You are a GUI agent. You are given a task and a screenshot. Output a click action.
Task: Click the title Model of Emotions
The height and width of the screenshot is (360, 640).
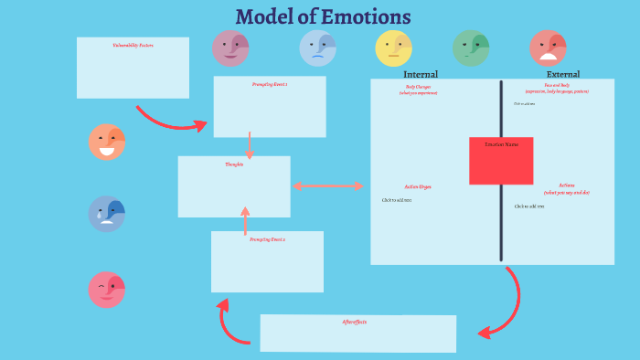point(323,16)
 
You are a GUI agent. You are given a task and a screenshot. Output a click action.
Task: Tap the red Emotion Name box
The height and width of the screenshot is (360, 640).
point(501,161)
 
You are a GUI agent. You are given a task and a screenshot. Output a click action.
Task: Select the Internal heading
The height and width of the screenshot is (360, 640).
point(421,74)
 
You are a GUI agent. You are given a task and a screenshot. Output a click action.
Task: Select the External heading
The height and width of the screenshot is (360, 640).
point(562,74)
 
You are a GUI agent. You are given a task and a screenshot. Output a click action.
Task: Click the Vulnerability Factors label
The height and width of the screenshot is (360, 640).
point(133,44)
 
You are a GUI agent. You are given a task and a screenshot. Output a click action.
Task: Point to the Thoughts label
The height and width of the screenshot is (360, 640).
point(234,164)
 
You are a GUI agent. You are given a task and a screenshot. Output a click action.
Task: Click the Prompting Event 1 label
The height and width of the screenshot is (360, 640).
point(270,84)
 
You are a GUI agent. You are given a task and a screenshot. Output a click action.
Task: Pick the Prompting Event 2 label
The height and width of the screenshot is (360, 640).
point(267,238)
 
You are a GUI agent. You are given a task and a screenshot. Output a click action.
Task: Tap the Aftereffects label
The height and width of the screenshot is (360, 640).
point(355,322)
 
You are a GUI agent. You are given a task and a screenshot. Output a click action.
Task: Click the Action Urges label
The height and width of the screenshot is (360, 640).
point(418,186)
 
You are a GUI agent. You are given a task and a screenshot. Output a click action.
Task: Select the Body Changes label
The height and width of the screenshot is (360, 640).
point(418,88)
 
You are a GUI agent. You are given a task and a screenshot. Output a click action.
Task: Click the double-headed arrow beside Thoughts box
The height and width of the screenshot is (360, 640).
point(328,186)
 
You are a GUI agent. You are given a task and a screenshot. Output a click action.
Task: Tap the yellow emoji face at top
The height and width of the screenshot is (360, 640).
point(394,48)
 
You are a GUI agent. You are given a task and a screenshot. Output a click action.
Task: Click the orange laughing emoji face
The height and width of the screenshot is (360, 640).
point(107,142)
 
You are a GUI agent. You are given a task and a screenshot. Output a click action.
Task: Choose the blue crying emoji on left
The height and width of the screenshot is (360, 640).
point(107,214)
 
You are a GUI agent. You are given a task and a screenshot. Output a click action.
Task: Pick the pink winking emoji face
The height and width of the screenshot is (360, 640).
point(107,290)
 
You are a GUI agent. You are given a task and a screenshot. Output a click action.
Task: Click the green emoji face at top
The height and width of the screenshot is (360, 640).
point(471,48)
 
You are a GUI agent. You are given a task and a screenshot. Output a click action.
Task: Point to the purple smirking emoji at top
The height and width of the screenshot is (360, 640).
point(230,48)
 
